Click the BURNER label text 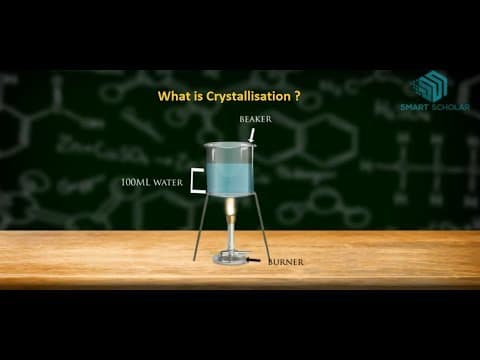[x=285, y=262]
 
